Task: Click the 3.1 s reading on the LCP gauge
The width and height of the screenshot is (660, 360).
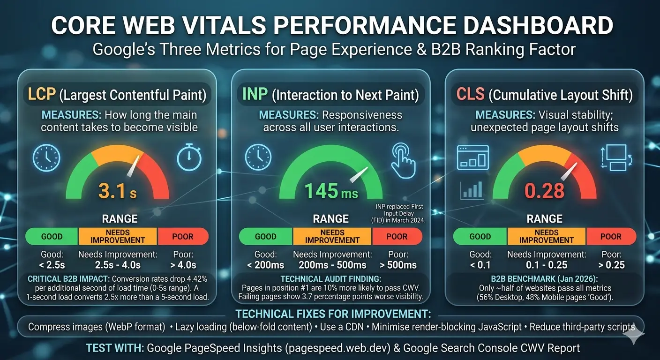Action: (x=118, y=190)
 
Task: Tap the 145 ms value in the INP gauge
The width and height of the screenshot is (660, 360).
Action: (x=331, y=191)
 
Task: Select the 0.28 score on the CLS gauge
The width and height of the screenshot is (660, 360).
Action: (x=544, y=190)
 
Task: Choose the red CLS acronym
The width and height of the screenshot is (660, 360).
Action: (x=470, y=95)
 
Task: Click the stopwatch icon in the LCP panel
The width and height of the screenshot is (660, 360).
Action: (x=189, y=158)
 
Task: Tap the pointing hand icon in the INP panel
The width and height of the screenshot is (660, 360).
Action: (x=404, y=161)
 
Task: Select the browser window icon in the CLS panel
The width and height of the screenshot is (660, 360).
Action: (x=472, y=157)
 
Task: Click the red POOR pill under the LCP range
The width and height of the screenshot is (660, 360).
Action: (x=183, y=236)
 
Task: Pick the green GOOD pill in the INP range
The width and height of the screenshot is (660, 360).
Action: (x=265, y=236)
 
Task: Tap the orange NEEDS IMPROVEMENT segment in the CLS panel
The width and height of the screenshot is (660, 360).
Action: (x=547, y=236)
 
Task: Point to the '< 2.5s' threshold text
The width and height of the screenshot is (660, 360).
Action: (x=52, y=265)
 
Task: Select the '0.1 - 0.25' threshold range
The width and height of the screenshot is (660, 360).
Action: (x=547, y=265)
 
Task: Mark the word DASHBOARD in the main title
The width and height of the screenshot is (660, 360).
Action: (x=526, y=26)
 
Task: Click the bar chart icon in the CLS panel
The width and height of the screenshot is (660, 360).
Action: (x=472, y=190)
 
